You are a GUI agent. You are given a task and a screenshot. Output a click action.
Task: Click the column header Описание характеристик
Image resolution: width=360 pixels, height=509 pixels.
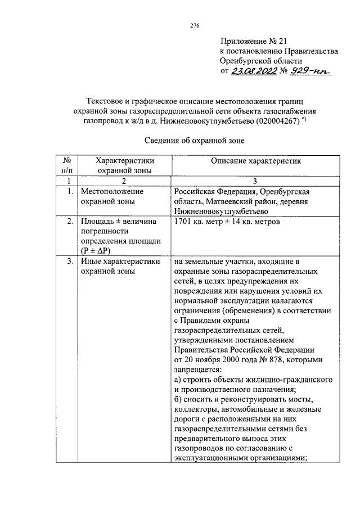[x=256, y=161]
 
